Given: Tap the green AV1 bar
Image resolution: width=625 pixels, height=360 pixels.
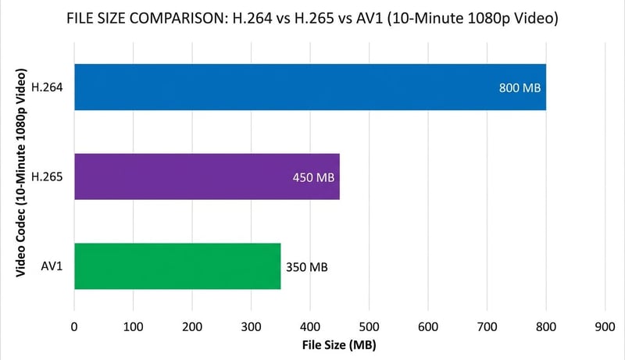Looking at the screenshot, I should (177, 266).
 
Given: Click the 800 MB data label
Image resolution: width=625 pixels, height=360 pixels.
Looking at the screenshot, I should (520, 87).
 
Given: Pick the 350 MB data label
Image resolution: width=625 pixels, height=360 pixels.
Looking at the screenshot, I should (306, 267).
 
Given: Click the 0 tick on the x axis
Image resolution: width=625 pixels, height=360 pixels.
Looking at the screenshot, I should (74, 323).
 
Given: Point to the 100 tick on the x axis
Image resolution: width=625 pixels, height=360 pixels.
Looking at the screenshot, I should (133, 323).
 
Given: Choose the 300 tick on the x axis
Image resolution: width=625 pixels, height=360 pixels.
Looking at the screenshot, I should (251, 323).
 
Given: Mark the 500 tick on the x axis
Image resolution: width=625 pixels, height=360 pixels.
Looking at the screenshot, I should (369, 323).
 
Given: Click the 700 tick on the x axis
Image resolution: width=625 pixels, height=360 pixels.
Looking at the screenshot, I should (487, 323).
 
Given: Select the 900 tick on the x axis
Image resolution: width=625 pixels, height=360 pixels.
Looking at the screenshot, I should (605, 323).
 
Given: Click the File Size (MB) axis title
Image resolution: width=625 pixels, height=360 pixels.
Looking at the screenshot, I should (339, 343).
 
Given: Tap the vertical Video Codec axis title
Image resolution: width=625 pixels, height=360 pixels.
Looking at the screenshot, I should (21, 176).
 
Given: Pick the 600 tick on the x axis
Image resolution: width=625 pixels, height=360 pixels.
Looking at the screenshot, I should (428, 323).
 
